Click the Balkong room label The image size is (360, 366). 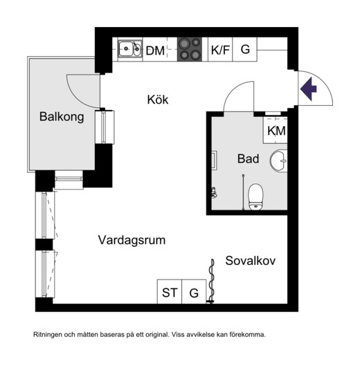[x=62, y=117]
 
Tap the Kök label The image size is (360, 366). [x=158, y=100]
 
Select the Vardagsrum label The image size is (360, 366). [x=132, y=240]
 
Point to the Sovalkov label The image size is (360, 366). [x=251, y=261]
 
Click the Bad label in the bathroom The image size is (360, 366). [x=248, y=158]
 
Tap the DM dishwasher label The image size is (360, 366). [x=155, y=51]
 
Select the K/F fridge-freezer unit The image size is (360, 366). [x=220, y=49]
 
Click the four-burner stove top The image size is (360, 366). [x=190, y=49]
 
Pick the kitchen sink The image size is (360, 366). [x=130, y=49]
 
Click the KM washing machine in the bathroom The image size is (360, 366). [x=276, y=130]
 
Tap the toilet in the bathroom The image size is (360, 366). [x=255, y=196]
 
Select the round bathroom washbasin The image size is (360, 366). [x=279, y=161]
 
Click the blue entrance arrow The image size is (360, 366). [x=308, y=89]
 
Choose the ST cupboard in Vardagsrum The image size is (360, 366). [x=170, y=291]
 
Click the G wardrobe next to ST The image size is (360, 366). [x=194, y=291]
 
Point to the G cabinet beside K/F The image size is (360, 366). [x=245, y=49]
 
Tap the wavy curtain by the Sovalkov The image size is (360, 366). [x=212, y=281]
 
